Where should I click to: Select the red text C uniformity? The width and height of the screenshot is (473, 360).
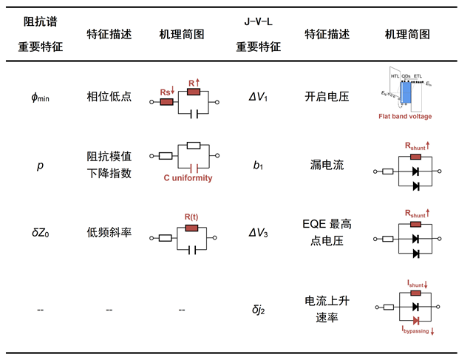click(x=188, y=178)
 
